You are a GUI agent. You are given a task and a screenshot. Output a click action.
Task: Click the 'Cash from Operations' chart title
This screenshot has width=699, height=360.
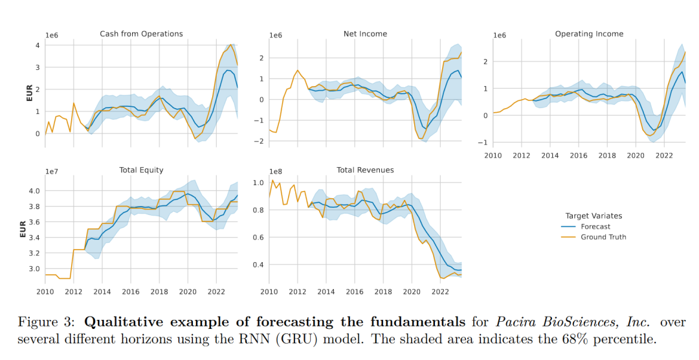(141, 34)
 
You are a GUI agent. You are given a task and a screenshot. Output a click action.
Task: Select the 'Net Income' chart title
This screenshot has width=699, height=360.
(365, 34)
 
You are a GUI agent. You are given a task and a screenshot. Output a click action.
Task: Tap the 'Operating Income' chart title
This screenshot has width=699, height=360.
(589, 34)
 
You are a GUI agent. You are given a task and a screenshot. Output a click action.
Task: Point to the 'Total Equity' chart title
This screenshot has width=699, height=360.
(141, 170)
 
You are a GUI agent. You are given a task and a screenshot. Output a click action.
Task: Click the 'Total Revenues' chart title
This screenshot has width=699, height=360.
(365, 170)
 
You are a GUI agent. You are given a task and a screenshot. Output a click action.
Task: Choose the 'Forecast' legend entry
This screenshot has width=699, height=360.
(592, 227)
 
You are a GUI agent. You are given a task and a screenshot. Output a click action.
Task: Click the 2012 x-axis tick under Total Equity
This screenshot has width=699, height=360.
(72, 292)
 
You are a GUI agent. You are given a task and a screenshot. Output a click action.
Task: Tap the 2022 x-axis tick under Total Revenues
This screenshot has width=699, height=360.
(440, 292)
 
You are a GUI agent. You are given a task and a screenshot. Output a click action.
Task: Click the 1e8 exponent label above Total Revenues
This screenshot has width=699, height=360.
(274, 172)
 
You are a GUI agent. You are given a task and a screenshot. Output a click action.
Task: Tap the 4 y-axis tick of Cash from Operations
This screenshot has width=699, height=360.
(38, 45)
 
